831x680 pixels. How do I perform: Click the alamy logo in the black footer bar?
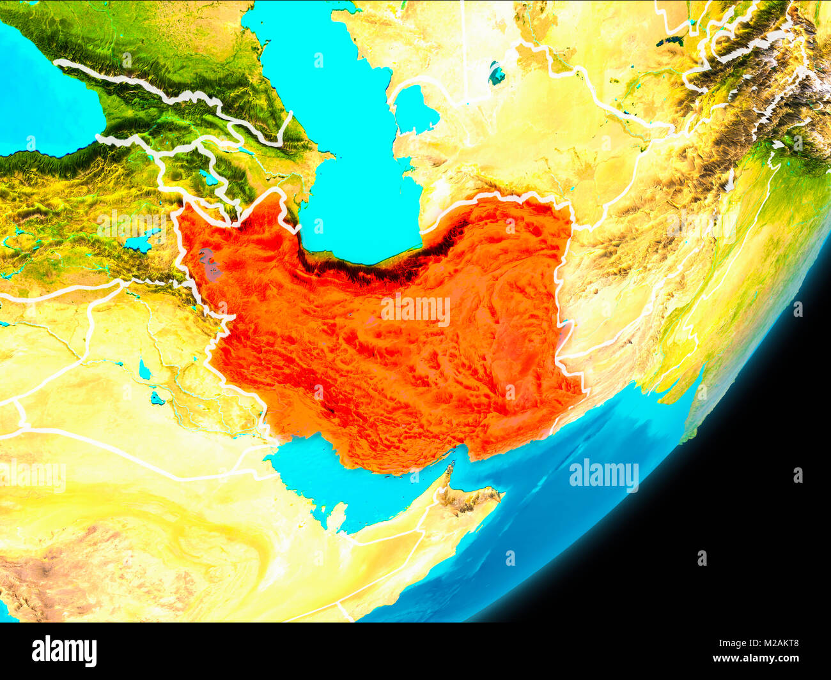pyautogui.click(x=64, y=651)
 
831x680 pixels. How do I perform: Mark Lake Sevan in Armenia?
pyautogui.click(x=208, y=178)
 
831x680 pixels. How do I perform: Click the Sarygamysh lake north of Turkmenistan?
pyautogui.click(x=496, y=73)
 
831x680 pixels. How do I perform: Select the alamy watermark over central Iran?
pyautogui.click(x=415, y=310)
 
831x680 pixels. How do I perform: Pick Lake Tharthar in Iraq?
pyautogui.click(x=144, y=370)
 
